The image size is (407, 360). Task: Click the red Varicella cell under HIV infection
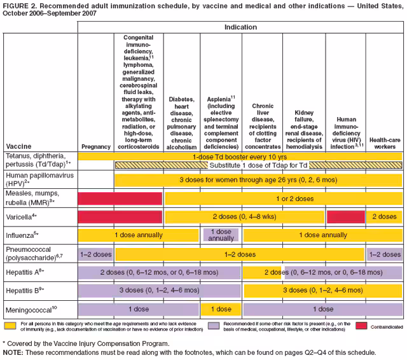[345, 217]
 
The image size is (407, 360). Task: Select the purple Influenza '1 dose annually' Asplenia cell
[221, 235]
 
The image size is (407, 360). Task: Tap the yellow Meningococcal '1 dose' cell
[221, 309]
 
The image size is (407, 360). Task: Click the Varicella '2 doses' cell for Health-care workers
[384, 217]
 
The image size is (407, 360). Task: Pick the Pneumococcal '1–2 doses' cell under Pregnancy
[95, 254]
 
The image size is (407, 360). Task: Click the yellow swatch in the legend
[10, 324]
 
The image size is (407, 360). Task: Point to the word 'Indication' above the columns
[240, 27]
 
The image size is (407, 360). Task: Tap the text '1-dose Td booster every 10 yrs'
[240, 156]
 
